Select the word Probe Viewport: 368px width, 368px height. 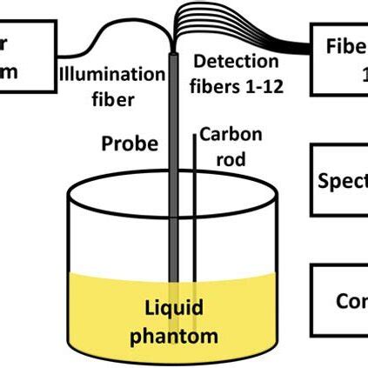(x=128, y=141)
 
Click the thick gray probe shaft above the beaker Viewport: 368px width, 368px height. (x=174, y=130)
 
